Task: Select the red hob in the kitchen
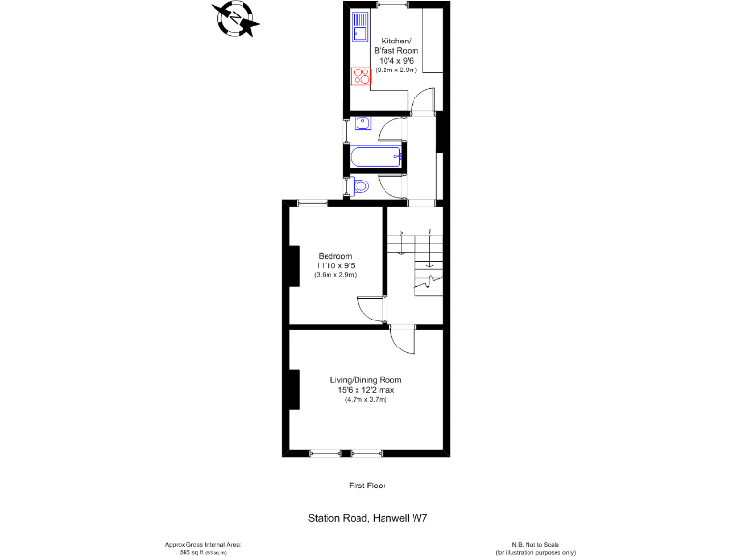360,76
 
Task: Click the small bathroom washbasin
361,124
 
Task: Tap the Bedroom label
335,256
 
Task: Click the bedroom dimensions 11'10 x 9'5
335,265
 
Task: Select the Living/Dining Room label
365,380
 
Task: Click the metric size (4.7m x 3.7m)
365,399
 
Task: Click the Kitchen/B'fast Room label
397,45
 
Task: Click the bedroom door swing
370,308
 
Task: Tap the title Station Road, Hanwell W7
367,519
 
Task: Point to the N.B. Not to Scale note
535,545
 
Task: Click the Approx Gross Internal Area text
202,545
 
